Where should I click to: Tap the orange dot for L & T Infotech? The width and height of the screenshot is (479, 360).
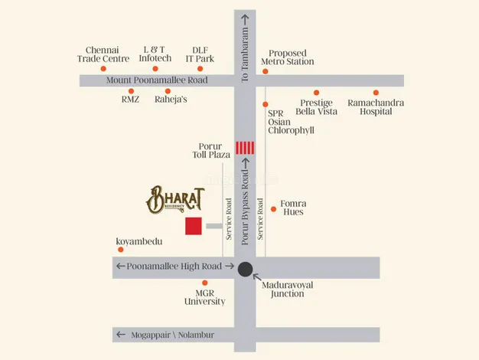[157, 68]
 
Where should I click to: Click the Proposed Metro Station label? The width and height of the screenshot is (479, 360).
[287, 56]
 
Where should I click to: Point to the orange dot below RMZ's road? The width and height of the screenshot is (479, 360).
[131, 90]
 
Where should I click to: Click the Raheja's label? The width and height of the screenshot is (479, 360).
[171, 100]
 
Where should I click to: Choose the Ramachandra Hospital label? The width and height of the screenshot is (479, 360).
[375, 107]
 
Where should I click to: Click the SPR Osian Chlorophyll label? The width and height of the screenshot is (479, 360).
[291, 121]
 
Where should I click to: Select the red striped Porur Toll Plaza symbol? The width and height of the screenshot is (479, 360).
[245, 148]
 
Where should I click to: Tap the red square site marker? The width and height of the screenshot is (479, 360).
[194, 226]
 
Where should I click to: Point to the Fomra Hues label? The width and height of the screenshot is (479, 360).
[292, 207]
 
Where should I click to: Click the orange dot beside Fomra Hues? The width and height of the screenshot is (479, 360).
[274, 208]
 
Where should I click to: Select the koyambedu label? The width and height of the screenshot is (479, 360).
[139, 241]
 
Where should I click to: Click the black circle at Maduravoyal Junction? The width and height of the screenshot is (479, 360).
[245, 269]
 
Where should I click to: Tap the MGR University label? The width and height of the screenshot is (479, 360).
[204, 296]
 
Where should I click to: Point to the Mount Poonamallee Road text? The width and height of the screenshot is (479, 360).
[157, 80]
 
